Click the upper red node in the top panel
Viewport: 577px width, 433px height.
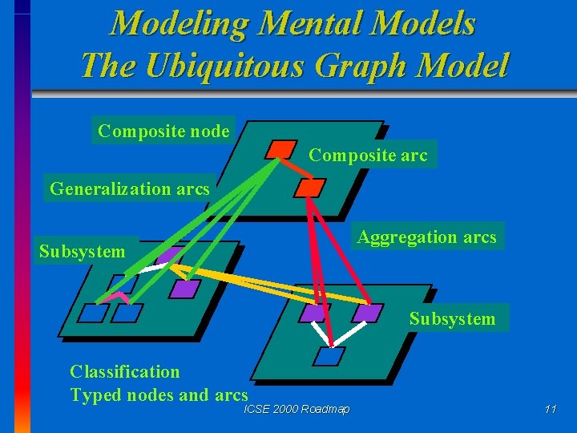tap(280, 149)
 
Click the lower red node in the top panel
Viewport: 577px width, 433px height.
tap(309, 188)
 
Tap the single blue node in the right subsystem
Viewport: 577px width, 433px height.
tap(329, 356)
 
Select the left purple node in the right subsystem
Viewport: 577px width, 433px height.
tap(314, 313)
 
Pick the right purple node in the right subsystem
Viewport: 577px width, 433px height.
tap(368, 312)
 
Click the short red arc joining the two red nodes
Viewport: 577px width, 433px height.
tap(295, 169)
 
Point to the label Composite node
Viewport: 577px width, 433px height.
tap(163, 131)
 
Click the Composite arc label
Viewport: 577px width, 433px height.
tap(369, 155)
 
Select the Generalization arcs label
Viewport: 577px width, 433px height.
tap(130, 189)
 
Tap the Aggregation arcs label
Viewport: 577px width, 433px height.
tap(427, 237)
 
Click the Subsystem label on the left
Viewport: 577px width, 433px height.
tap(83, 252)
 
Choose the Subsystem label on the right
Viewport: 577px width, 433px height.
tap(453, 318)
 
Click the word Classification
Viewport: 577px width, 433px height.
tap(125, 371)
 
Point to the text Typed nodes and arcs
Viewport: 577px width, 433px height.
tap(159, 395)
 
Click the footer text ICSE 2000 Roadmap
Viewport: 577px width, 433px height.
tap(297, 410)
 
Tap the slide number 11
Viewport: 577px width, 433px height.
tap(550, 410)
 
